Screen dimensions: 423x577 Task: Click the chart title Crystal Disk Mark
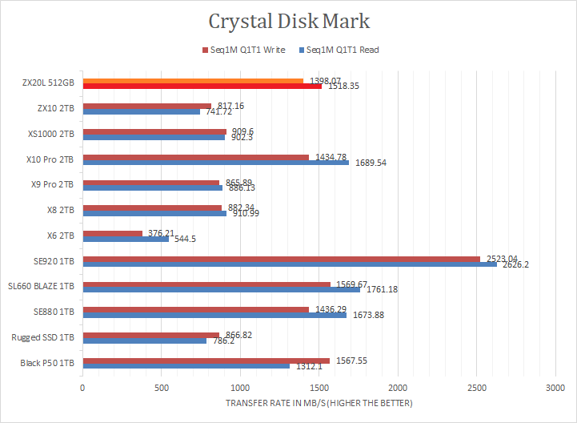(x=290, y=20)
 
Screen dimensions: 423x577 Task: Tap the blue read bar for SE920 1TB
(x=289, y=264)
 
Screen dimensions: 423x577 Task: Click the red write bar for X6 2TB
(x=112, y=233)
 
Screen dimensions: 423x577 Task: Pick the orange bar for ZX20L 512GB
(x=192, y=81)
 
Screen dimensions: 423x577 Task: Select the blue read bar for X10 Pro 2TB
(x=215, y=163)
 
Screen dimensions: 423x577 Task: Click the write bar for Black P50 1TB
(x=206, y=360)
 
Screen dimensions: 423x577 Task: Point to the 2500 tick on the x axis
(x=477, y=387)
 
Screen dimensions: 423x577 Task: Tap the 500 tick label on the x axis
(x=162, y=387)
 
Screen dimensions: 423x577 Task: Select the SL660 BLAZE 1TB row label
(x=41, y=287)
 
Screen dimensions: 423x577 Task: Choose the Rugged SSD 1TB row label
(x=45, y=337)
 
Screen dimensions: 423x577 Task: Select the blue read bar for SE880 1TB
(x=214, y=314)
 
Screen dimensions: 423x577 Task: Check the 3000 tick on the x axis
(x=555, y=387)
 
